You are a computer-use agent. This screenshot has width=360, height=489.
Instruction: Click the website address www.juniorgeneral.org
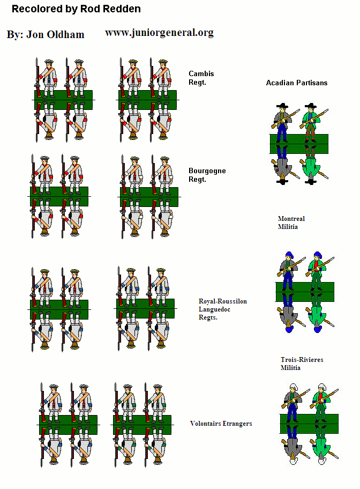coord(159,33)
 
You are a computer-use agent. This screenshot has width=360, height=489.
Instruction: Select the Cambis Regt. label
coord(201,78)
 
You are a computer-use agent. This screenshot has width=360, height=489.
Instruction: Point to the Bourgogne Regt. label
coord(207,175)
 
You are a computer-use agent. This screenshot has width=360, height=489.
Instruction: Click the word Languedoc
coord(214,309)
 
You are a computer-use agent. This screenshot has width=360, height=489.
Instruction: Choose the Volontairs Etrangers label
coord(221,424)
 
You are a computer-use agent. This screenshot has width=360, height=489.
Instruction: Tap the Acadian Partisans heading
coord(297,83)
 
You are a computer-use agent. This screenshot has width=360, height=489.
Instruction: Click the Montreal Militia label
coord(291,223)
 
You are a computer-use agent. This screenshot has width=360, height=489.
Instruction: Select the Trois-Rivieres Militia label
coord(302,364)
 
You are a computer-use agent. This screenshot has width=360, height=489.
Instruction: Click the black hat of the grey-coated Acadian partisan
coord(282,106)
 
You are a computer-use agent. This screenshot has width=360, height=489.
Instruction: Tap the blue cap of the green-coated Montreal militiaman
coord(318,255)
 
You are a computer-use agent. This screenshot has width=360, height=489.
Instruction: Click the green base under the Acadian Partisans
coord(299,144)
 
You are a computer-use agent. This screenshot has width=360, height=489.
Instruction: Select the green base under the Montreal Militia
coord(305,292)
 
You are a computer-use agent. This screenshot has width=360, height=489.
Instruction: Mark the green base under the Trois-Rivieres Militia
coord(309,424)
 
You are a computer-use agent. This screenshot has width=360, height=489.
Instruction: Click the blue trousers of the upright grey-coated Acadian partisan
coord(282,131)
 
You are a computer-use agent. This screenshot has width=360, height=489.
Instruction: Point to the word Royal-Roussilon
coord(223,301)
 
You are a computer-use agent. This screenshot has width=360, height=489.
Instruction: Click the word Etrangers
coord(237,424)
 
